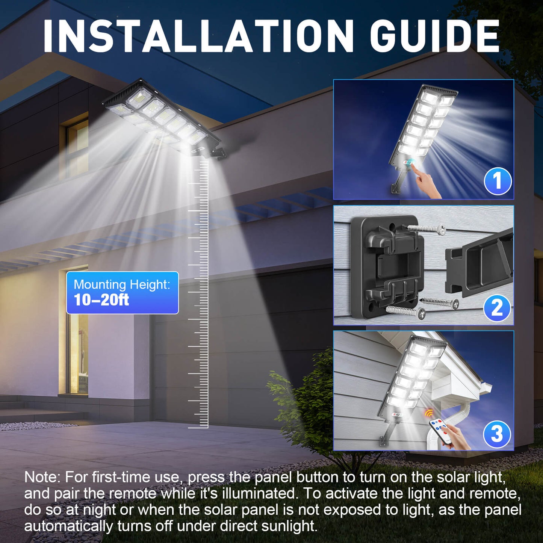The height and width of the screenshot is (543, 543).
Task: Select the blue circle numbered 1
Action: click(x=498, y=181)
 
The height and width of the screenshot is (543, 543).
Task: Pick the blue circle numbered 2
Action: click(x=497, y=308)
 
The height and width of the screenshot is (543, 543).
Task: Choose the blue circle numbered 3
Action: click(x=497, y=434)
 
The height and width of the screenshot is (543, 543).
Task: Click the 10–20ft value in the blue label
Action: click(x=101, y=300)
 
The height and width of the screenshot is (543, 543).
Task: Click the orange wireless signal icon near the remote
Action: click(x=429, y=413)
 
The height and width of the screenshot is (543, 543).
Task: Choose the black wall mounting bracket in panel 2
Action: click(x=387, y=265)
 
